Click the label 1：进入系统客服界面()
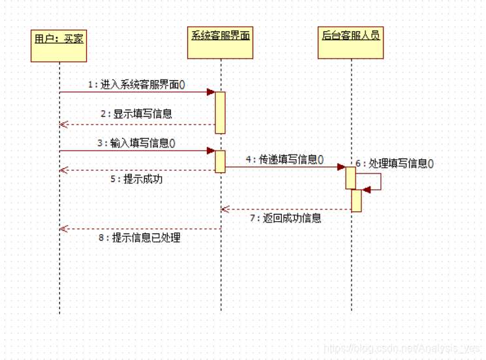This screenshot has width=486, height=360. coord(136,84)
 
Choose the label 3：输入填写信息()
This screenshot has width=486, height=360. coord(136,143)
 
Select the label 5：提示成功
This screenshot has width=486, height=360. coord(135,179)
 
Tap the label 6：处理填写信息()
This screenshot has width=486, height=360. coord(395,164)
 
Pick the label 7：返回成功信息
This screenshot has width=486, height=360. coord(285,218)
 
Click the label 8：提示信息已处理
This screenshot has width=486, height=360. coord(140,238)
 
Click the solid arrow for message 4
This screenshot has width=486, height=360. coord(285,167)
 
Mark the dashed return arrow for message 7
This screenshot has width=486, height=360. coord(287,209)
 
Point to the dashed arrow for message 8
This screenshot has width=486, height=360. coord(140,229)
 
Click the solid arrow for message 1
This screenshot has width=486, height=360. coord(137,92)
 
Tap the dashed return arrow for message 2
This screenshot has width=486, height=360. coord(137,125)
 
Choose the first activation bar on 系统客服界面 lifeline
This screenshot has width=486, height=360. coord(220,112)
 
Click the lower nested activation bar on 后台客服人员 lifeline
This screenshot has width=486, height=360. coord(356,200)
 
